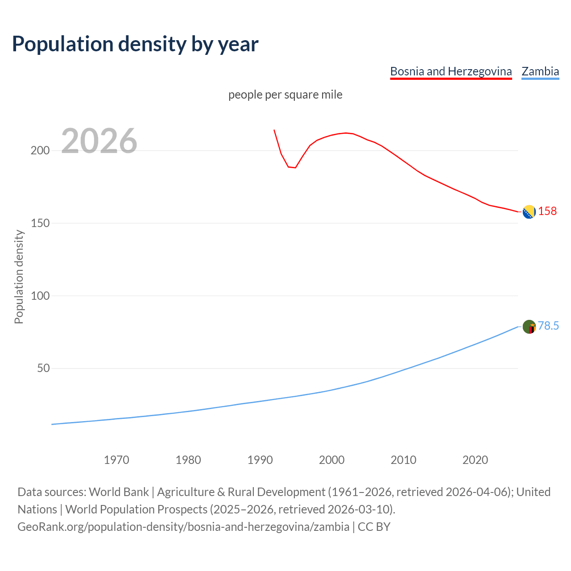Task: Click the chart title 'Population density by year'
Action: (x=135, y=44)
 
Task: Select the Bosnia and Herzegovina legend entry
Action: (x=451, y=71)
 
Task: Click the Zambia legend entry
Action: (x=540, y=71)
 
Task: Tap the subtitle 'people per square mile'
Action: (x=285, y=95)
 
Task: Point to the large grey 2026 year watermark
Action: (x=99, y=141)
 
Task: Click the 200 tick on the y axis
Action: (x=40, y=150)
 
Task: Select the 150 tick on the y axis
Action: (x=40, y=223)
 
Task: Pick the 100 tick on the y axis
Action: (x=40, y=296)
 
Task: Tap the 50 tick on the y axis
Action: (x=43, y=368)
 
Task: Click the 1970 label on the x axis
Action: (x=116, y=459)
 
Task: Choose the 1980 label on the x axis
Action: (x=188, y=459)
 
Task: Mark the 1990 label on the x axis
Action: (x=260, y=459)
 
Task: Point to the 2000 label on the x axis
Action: (x=331, y=459)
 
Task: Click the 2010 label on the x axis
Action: (x=403, y=459)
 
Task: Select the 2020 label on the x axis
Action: (x=475, y=459)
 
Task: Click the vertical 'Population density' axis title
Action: (x=19, y=277)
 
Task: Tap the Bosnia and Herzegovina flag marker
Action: (x=529, y=212)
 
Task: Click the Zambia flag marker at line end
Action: (x=529, y=327)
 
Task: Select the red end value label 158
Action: (x=547, y=211)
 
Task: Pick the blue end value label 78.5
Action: (x=548, y=326)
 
